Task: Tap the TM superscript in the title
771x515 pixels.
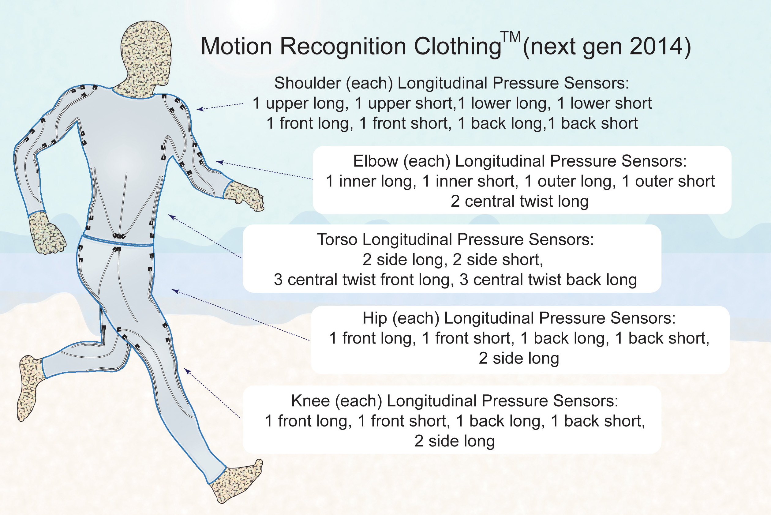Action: [511, 37]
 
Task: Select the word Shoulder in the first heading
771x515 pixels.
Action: [308, 83]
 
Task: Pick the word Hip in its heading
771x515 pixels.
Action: [375, 318]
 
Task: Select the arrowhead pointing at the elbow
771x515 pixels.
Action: [219, 162]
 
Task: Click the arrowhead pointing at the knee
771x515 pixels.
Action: [187, 371]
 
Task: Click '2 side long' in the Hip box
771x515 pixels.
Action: [518, 358]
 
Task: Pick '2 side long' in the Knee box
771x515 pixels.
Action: [455, 441]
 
